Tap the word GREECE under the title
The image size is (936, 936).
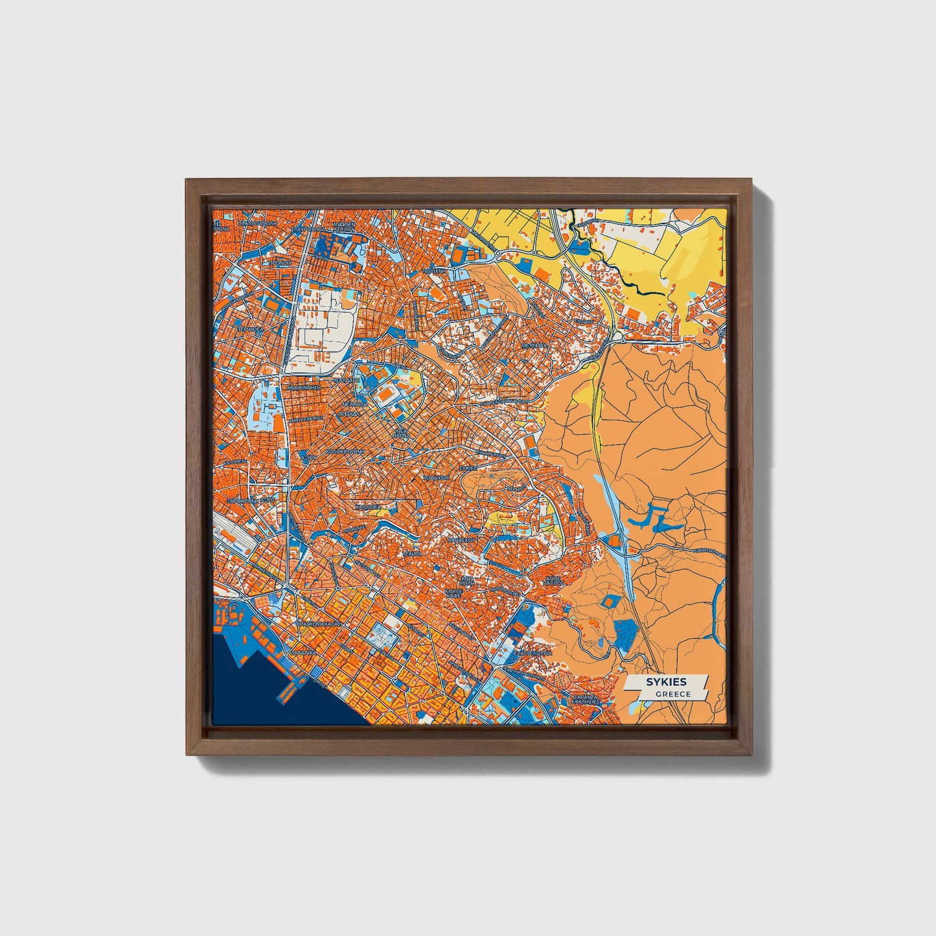pos(672,694)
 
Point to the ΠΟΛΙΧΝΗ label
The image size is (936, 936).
pos(433,270)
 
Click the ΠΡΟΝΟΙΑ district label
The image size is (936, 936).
pos(279,264)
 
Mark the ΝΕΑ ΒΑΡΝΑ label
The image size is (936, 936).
pos(402,433)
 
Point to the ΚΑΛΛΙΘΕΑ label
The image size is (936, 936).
pos(367,507)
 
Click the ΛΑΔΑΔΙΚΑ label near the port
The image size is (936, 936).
pos(302,653)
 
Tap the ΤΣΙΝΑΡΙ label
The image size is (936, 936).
pos(411,554)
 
